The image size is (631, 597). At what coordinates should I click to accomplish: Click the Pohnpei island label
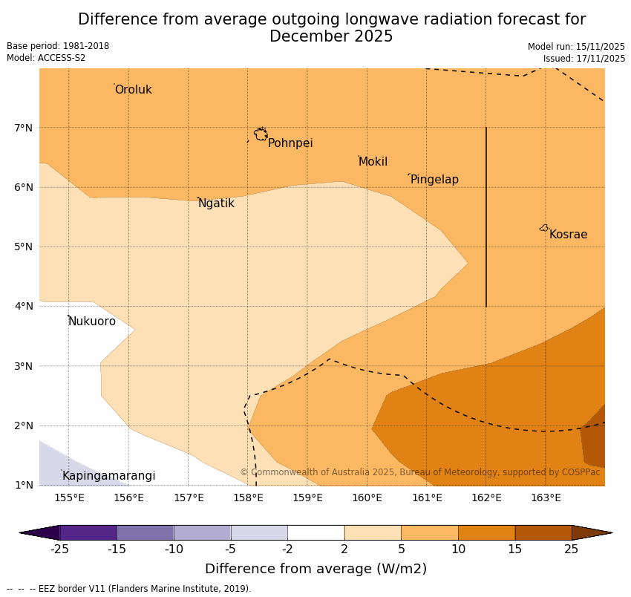click(290, 143)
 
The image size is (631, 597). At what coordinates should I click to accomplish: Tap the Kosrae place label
click(568, 235)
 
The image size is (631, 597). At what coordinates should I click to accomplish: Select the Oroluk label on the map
click(133, 90)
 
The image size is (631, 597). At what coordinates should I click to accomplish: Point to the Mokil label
click(373, 162)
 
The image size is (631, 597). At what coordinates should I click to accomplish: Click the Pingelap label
click(434, 180)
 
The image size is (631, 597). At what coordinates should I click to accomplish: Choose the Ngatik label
click(216, 203)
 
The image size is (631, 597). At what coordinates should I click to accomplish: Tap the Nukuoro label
click(92, 322)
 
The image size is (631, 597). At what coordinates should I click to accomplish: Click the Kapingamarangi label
click(108, 476)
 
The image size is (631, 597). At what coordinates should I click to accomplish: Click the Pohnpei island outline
click(261, 134)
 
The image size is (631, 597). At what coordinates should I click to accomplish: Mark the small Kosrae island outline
click(544, 228)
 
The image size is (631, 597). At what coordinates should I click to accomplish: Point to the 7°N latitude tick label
click(24, 128)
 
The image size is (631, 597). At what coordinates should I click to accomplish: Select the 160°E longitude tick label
click(367, 497)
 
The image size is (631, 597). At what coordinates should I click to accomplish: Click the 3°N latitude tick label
click(24, 366)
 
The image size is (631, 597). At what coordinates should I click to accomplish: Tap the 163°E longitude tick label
click(546, 497)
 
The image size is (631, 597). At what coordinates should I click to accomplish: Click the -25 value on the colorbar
click(59, 549)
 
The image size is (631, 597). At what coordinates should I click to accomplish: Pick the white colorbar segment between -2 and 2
click(315, 532)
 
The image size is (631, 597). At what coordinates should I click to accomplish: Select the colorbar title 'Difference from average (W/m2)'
click(315, 570)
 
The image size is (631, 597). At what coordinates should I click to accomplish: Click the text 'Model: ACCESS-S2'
click(46, 58)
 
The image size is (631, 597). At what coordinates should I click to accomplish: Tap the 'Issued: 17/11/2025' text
click(583, 58)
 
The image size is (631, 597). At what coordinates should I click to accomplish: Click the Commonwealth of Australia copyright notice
click(419, 472)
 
